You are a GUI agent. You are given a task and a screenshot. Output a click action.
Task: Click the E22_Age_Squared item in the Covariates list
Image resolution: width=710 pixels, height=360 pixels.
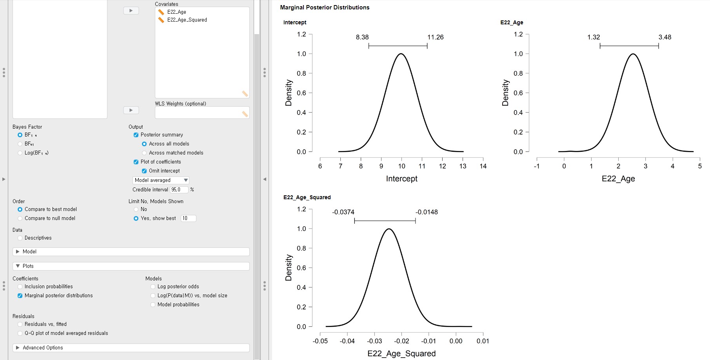pos(187,20)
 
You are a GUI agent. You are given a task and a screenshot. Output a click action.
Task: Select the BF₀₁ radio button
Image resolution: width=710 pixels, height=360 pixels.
pos(20,144)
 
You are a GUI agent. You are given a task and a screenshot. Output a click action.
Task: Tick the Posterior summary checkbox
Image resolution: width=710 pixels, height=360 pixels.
pos(136,135)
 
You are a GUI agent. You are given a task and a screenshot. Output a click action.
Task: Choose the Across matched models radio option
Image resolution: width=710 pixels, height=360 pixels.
pos(144,153)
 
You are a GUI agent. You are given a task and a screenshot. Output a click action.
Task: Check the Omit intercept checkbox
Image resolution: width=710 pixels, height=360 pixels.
pos(144,171)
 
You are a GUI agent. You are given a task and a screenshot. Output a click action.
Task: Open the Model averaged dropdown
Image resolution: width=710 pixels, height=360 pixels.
pos(161,180)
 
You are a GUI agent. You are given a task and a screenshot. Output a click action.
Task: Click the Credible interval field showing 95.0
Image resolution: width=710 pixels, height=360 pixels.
pos(179,190)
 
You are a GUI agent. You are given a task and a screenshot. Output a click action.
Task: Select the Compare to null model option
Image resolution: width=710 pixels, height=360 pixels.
pos(20,218)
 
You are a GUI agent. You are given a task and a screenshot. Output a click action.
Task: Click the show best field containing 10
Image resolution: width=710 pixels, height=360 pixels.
pos(188,218)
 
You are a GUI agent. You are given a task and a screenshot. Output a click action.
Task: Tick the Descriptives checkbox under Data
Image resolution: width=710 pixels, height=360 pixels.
pos(20,238)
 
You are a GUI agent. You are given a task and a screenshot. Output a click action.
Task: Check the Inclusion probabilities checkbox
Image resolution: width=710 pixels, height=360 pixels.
pos(20,287)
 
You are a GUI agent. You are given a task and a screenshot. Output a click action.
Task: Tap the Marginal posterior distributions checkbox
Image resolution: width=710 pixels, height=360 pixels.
pos(20,296)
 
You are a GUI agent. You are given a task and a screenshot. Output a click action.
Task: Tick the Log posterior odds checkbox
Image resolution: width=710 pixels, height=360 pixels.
pos(153,287)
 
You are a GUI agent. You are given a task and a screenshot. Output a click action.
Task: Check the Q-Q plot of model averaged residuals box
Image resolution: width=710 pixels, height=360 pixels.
pos(20,333)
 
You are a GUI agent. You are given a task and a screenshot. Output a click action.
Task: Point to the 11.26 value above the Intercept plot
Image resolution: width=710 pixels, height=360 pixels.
pos(435,37)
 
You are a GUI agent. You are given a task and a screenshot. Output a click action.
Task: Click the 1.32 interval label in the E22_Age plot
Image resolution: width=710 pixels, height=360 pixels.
pos(594,37)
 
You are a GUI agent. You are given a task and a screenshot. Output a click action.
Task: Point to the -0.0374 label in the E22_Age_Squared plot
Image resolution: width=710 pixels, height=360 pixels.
pos(343,212)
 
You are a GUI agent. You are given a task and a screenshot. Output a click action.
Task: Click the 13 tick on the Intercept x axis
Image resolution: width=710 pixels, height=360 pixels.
pos(463,166)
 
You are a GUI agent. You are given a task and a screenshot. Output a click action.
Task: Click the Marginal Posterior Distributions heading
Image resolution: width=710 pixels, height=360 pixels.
pos(325,7)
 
